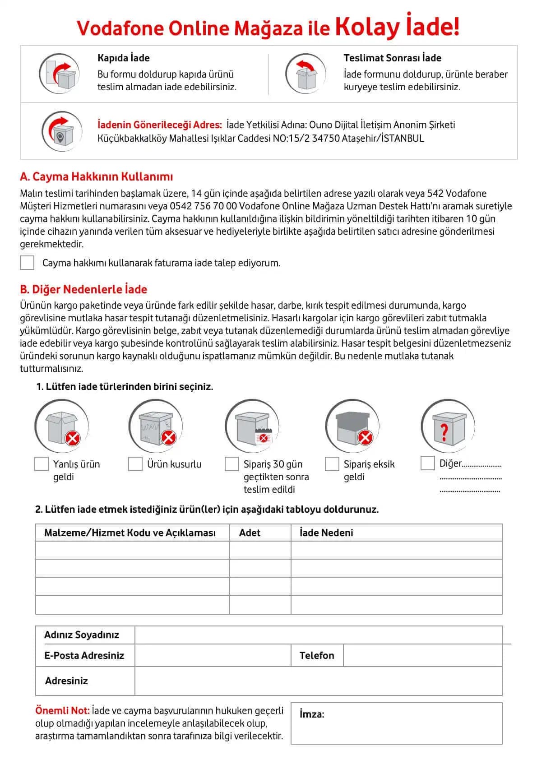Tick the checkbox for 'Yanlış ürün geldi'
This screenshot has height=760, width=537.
click(42, 464)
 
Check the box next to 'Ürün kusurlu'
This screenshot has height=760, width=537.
click(135, 464)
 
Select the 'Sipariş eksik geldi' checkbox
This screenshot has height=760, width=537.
click(332, 464)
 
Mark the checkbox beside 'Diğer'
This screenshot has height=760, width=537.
click(427, 463)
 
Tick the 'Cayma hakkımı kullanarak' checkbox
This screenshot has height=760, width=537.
click(27, 263)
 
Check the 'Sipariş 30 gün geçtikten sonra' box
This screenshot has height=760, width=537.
click(232, 464)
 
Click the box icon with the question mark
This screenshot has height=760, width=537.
click(448, 426)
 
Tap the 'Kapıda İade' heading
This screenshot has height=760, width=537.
click(123, 58)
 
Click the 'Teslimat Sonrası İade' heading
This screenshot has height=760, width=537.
click(392, 58)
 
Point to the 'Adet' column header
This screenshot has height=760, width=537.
click(250, 533)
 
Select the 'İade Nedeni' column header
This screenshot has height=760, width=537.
click(326, 533)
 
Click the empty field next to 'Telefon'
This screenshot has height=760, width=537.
click(422, 655)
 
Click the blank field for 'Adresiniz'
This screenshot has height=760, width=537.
click(318, 681)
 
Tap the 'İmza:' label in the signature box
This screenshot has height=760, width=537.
click(312, 714)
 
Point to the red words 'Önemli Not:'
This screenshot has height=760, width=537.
click(62, 710)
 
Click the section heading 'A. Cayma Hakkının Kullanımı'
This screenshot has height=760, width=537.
click(96, 176)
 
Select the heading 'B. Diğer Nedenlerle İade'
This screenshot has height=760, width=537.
click(83, 289)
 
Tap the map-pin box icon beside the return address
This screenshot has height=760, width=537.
click(62, 131)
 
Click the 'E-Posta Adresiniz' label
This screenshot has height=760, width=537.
click(84, 655)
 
